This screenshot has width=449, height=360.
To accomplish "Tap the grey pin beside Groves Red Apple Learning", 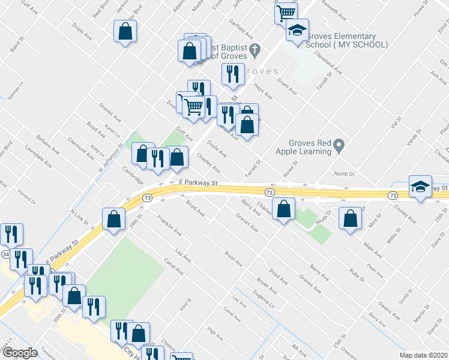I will tap(339, 145).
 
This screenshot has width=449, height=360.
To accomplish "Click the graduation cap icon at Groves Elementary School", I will tap(297, 31).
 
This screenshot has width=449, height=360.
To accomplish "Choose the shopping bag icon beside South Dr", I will tap(351, 219).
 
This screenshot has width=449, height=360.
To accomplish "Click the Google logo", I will tap(20, 353).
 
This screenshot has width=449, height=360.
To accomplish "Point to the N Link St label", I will tap(79, 217).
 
